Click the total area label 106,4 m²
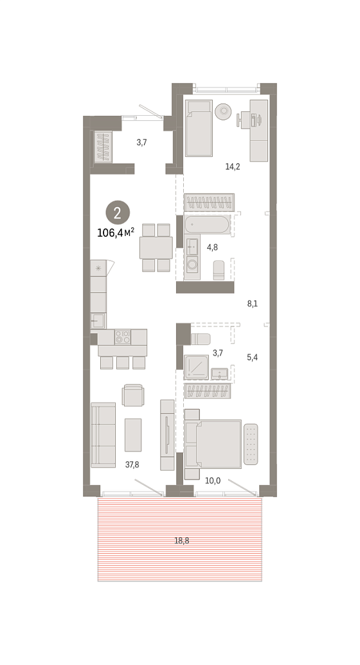point(116,232)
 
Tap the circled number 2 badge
point(118,212)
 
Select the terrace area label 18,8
point(181,541)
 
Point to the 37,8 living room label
point(132,465)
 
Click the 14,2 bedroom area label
point(232,167)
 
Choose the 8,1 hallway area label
point(253,304)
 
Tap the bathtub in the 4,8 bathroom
point(208,225)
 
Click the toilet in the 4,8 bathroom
point(219,270)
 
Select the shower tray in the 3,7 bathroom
point(196,367)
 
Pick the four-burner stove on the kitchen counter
point(123,337)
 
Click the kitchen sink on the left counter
point(98,321)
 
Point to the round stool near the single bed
point(223,111)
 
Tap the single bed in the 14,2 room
point(199,128)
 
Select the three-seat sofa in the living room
point(103,435)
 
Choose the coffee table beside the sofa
point(133,435)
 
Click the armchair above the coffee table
point(133,396)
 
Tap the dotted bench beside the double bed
point(251,444)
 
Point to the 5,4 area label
point(253,358)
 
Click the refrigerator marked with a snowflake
point(98,268)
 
